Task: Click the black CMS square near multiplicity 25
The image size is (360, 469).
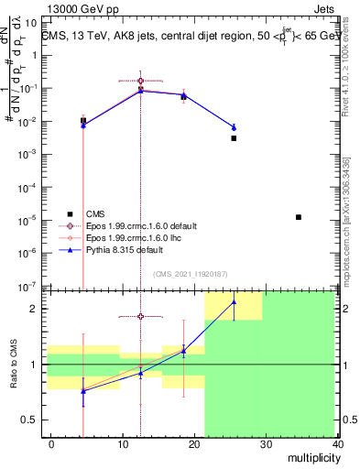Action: pos(234,138)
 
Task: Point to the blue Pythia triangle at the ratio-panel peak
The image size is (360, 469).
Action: pos(234,301)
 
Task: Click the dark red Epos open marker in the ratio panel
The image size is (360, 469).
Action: pos(140,317)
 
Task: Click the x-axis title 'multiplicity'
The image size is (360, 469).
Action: pos(311,457)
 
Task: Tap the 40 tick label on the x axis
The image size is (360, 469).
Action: pos(340,444)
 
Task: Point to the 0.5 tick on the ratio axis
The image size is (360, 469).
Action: pos(34,420)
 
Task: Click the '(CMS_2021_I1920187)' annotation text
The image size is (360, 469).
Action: pos(191,274)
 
